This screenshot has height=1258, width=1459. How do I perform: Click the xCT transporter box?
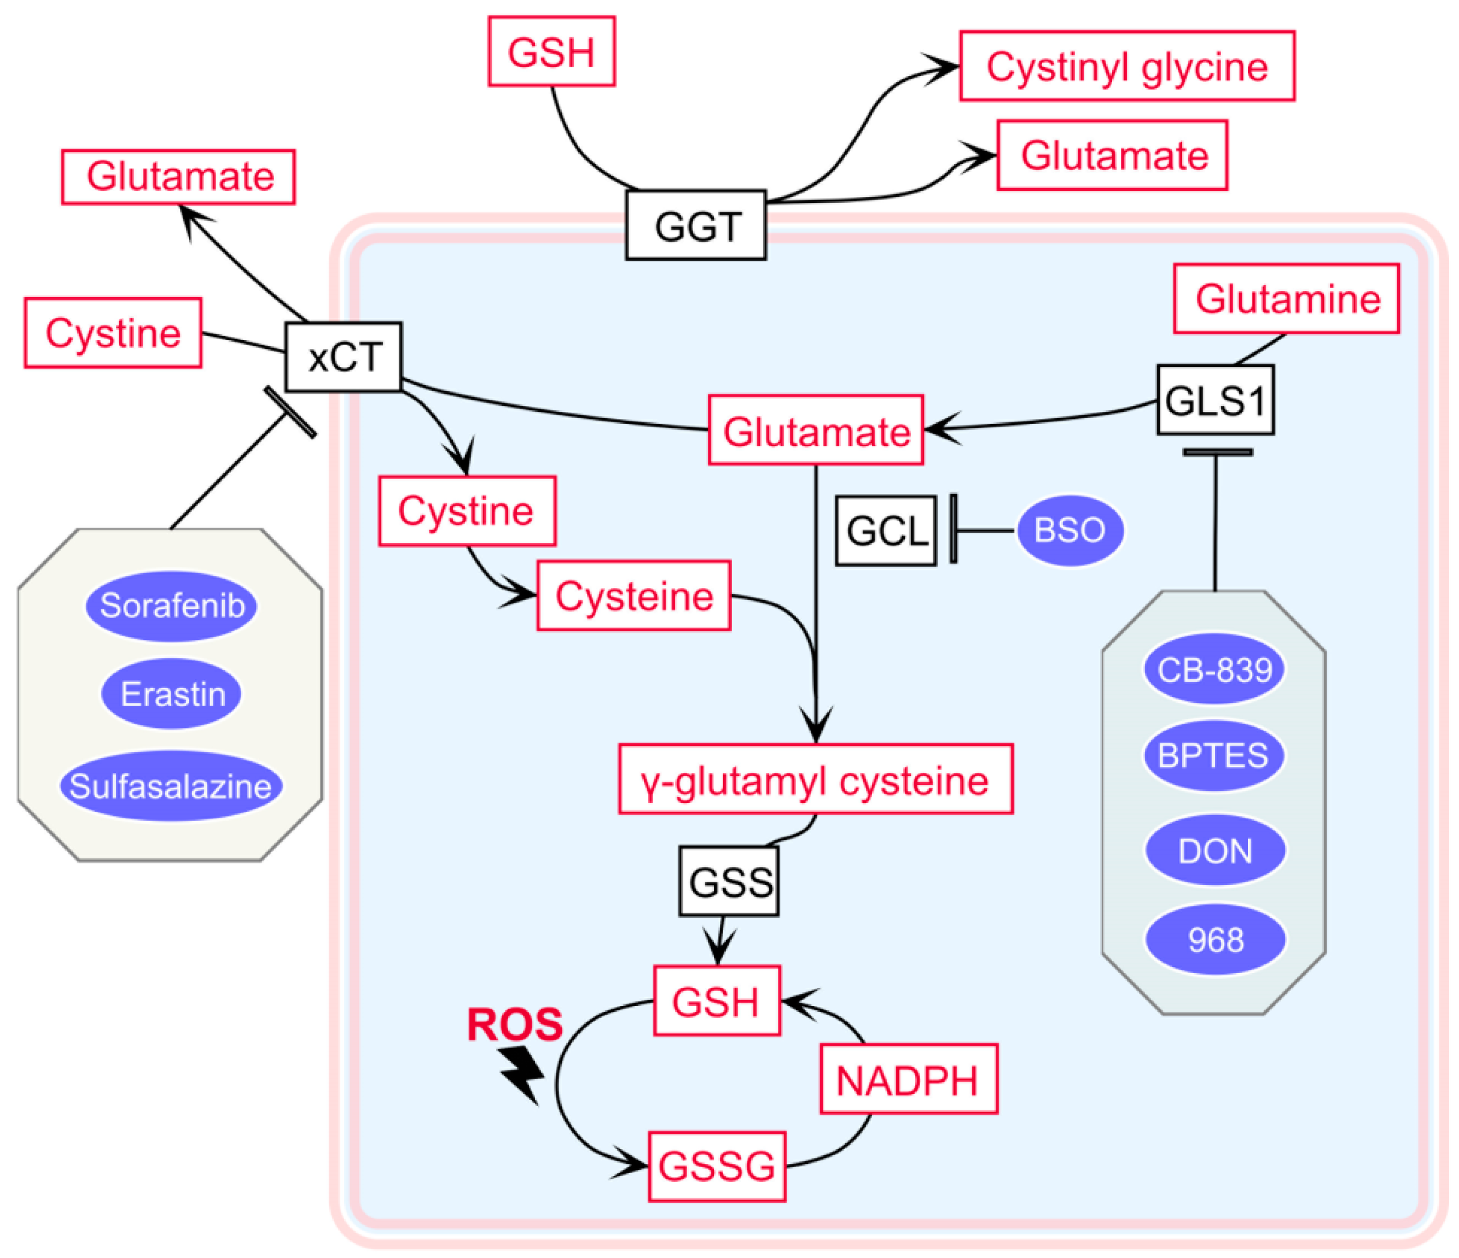tap(344, 357)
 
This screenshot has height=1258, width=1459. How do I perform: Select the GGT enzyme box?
tap(696, 225)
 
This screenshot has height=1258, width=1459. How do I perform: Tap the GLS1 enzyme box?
tap(1216, 400)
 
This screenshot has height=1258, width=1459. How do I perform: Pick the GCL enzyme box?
tap(886, 531)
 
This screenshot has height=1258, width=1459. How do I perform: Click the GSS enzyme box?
tap(729, 881)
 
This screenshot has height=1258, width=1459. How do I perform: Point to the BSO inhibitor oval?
tap(1069, 530)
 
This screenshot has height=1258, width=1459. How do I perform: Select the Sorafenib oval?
tap(172, 605)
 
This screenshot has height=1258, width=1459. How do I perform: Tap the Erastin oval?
tap(172, 694)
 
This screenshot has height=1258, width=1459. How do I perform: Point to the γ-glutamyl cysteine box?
tap(816, 779)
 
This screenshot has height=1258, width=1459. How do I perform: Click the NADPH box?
tap(908, 1079)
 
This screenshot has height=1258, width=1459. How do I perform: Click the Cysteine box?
tap(633, 596)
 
